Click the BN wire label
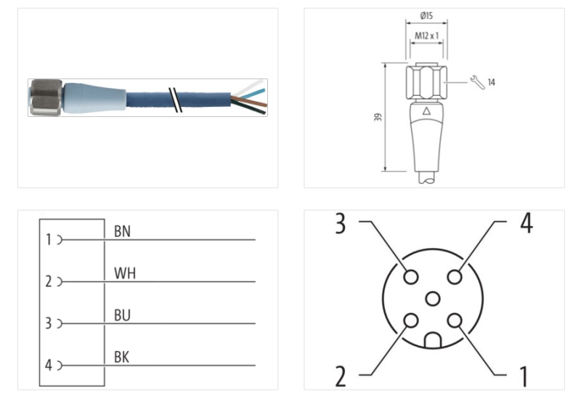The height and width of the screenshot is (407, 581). pyautogui.click(x=123, y=231)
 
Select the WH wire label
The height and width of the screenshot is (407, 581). pyautogui.click(x=125, y=274)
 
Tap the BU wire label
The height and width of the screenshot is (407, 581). pyautogui.click(x=123, y=316)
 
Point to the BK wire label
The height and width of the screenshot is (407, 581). pyautogui.click(x=123, y=358)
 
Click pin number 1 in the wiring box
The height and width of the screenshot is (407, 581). pyautogui.click(x=49, y=239)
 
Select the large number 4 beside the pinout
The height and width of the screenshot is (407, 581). pyautogui.click(x=525, y=223)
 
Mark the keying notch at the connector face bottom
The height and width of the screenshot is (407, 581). pyautogui.click(x=433, y=340)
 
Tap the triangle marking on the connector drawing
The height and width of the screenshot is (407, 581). pyautogui.click(x=426, y=112)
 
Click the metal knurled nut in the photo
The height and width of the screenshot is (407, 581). pyautogui.click(x=45, y=98)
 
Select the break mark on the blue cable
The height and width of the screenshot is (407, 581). pyautogui.click(x=174, y=99)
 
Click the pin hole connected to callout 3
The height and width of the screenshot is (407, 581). pyautogui.click(x=411, y=277)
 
